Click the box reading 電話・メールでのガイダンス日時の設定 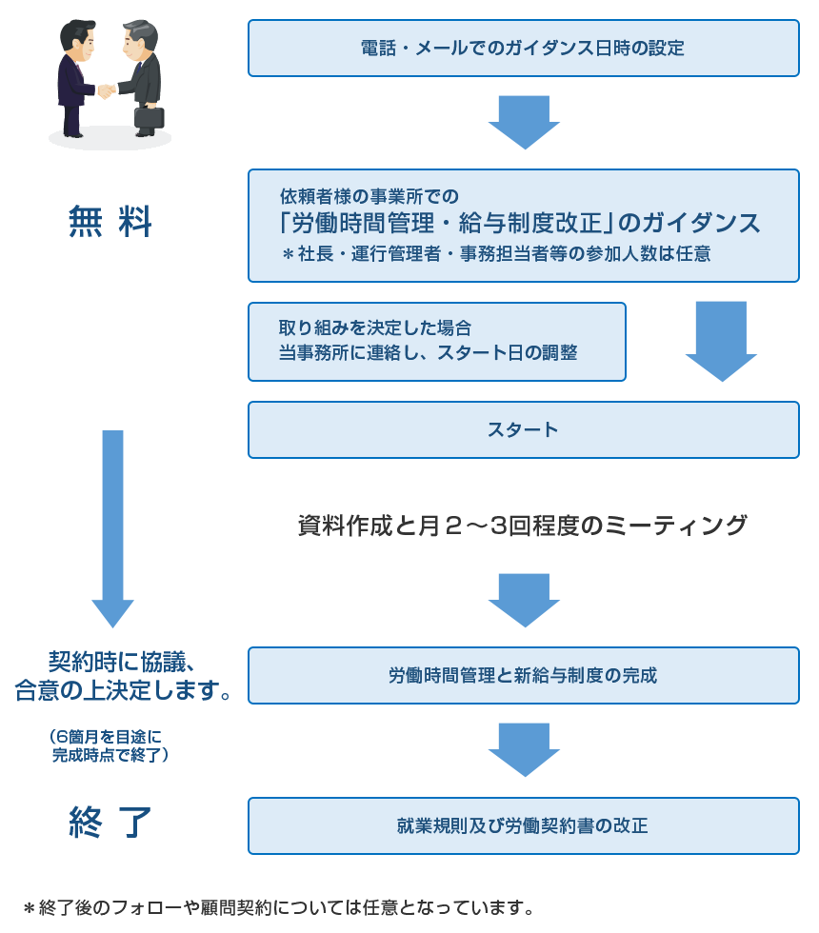pos(523,48)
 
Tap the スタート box pos(523,429)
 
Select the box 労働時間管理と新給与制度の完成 pos(523,676)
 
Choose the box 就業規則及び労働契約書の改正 pos(523,825)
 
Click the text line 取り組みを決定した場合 pos(374,328)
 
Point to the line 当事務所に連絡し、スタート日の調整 pos(428,352)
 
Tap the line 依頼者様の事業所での pos(370,197)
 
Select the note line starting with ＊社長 pos(495,254)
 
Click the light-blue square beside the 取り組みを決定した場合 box pos(721,342)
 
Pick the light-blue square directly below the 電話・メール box pos(524,123)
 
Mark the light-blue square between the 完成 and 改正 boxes pos(524,750)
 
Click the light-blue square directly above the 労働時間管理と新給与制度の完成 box pos(524,601)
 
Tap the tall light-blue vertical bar pos(112,529)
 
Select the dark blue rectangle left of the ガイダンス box pos(110,221)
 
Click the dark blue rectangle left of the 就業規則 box pos(110,822)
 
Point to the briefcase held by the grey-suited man pos(149,117)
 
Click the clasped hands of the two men pos(106,91)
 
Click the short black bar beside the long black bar pos(725,525)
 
